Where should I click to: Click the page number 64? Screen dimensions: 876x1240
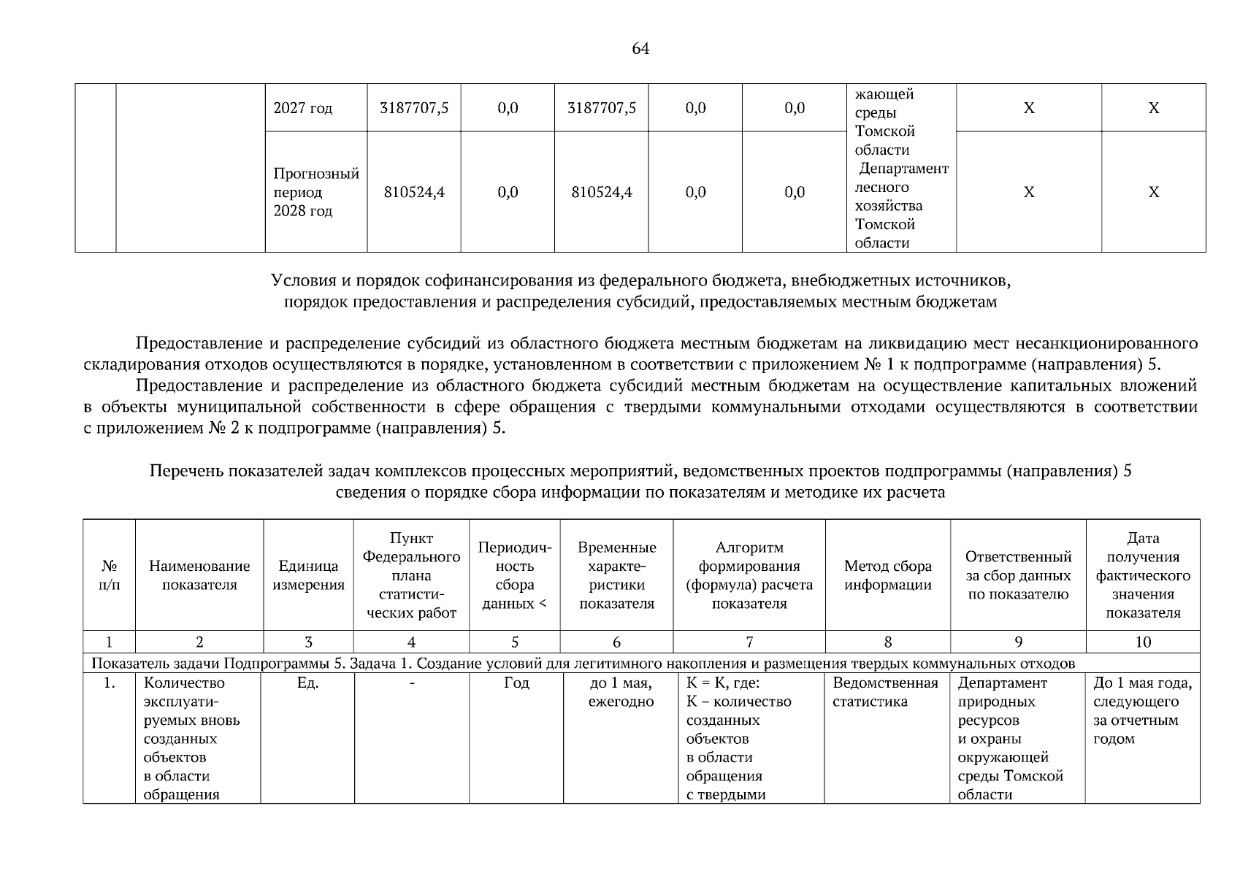(640, 49)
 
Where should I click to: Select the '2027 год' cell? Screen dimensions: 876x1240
(303, 108)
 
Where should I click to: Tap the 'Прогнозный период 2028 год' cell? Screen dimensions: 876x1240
(316, 192)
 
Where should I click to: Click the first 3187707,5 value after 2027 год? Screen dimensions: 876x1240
(414, 108)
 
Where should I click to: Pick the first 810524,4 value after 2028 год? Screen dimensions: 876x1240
(414, 192)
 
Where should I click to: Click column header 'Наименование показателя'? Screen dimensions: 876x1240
(199, 575)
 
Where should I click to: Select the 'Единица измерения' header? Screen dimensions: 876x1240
(308, 575)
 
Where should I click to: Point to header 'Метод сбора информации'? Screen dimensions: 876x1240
(887, 575)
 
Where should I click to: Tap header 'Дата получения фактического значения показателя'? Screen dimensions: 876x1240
(1143, 575)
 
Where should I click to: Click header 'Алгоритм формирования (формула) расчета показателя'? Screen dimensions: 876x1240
(749, 575)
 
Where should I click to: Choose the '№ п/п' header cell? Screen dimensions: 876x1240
(109, 575)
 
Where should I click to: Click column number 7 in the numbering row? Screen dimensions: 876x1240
(749, 642)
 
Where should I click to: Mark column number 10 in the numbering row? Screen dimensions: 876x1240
(1143, 642)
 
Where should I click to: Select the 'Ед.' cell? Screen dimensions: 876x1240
(308, 683)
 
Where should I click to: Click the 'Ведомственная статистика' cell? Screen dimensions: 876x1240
(885, 692)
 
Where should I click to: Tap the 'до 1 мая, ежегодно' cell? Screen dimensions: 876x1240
(621, 692)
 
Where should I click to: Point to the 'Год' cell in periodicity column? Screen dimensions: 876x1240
(516, 683)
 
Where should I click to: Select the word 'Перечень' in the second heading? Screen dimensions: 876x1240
(186, 472)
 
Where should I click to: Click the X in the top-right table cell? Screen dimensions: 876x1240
(1153, 108)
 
